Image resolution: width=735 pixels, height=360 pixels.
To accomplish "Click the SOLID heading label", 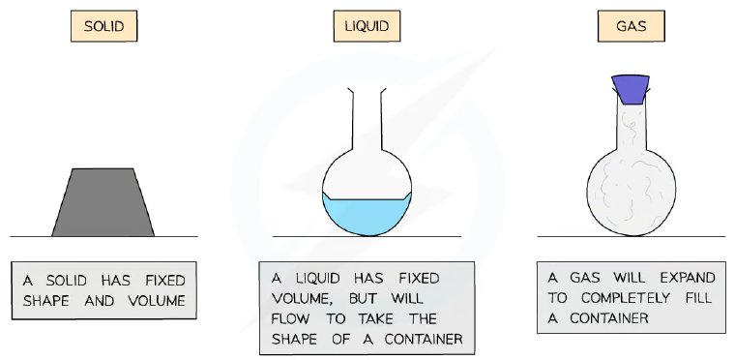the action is pyautogui.click(x=103, y=26).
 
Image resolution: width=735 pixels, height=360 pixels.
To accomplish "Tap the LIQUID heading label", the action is pyautogui.click(x=367, y=26).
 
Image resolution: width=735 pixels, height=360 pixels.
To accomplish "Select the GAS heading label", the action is pyautogui.click(x=631, y=26).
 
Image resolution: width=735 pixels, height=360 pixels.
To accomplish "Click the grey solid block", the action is pyautogui.click(x=103, y=202).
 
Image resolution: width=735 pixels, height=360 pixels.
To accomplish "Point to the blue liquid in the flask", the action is pyautogui.click(x=367, y=216).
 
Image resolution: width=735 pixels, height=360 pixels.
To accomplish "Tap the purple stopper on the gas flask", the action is pyautogui.click(x=631, y=89).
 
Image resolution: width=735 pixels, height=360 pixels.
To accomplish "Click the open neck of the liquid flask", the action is pyautogui.click(x=367, y=117).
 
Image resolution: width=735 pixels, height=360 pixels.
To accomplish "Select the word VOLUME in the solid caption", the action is pyautogui.click(x=157, y=301).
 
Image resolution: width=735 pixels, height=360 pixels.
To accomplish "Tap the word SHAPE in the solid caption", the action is pyautogui.click(x=47, y=301).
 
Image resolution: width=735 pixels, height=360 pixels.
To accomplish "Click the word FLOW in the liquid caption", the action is pyautogui.click(x=290, y=319).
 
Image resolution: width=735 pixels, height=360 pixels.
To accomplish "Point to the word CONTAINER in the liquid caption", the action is pyautogui.click(x=424, y=340).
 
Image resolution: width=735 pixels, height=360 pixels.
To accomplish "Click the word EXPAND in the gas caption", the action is pyautogui.click(x=688, y=278).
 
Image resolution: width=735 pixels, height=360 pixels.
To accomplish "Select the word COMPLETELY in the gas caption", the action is pyautogui.click(x=620, y=298).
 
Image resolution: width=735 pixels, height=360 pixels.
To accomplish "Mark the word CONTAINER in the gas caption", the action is pyautogui.click(x=609, y=318).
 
